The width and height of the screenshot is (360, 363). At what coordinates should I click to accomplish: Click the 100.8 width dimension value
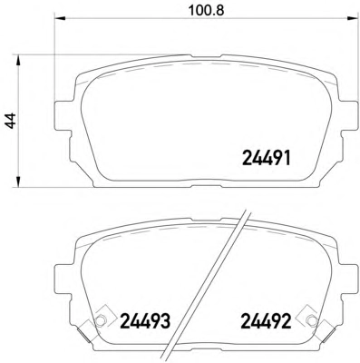click(207, 10)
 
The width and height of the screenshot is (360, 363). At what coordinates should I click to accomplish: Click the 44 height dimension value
click(11, 121)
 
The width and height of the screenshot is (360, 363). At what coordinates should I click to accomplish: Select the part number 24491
click(267, 158)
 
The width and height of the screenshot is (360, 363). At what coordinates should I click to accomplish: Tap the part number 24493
click(146, 321)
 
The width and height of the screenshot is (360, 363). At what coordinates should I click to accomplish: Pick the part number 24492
click(266, 321)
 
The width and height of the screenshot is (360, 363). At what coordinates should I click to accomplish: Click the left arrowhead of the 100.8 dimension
click(60, 19)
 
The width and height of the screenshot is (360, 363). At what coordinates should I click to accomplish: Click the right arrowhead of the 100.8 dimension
click(353, 19)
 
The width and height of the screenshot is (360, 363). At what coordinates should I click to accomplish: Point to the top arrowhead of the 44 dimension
click(19, 61)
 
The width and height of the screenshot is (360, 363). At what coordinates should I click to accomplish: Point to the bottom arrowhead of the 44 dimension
click(19, 181)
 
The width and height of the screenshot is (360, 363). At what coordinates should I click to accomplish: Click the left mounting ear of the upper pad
click(64, 115)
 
